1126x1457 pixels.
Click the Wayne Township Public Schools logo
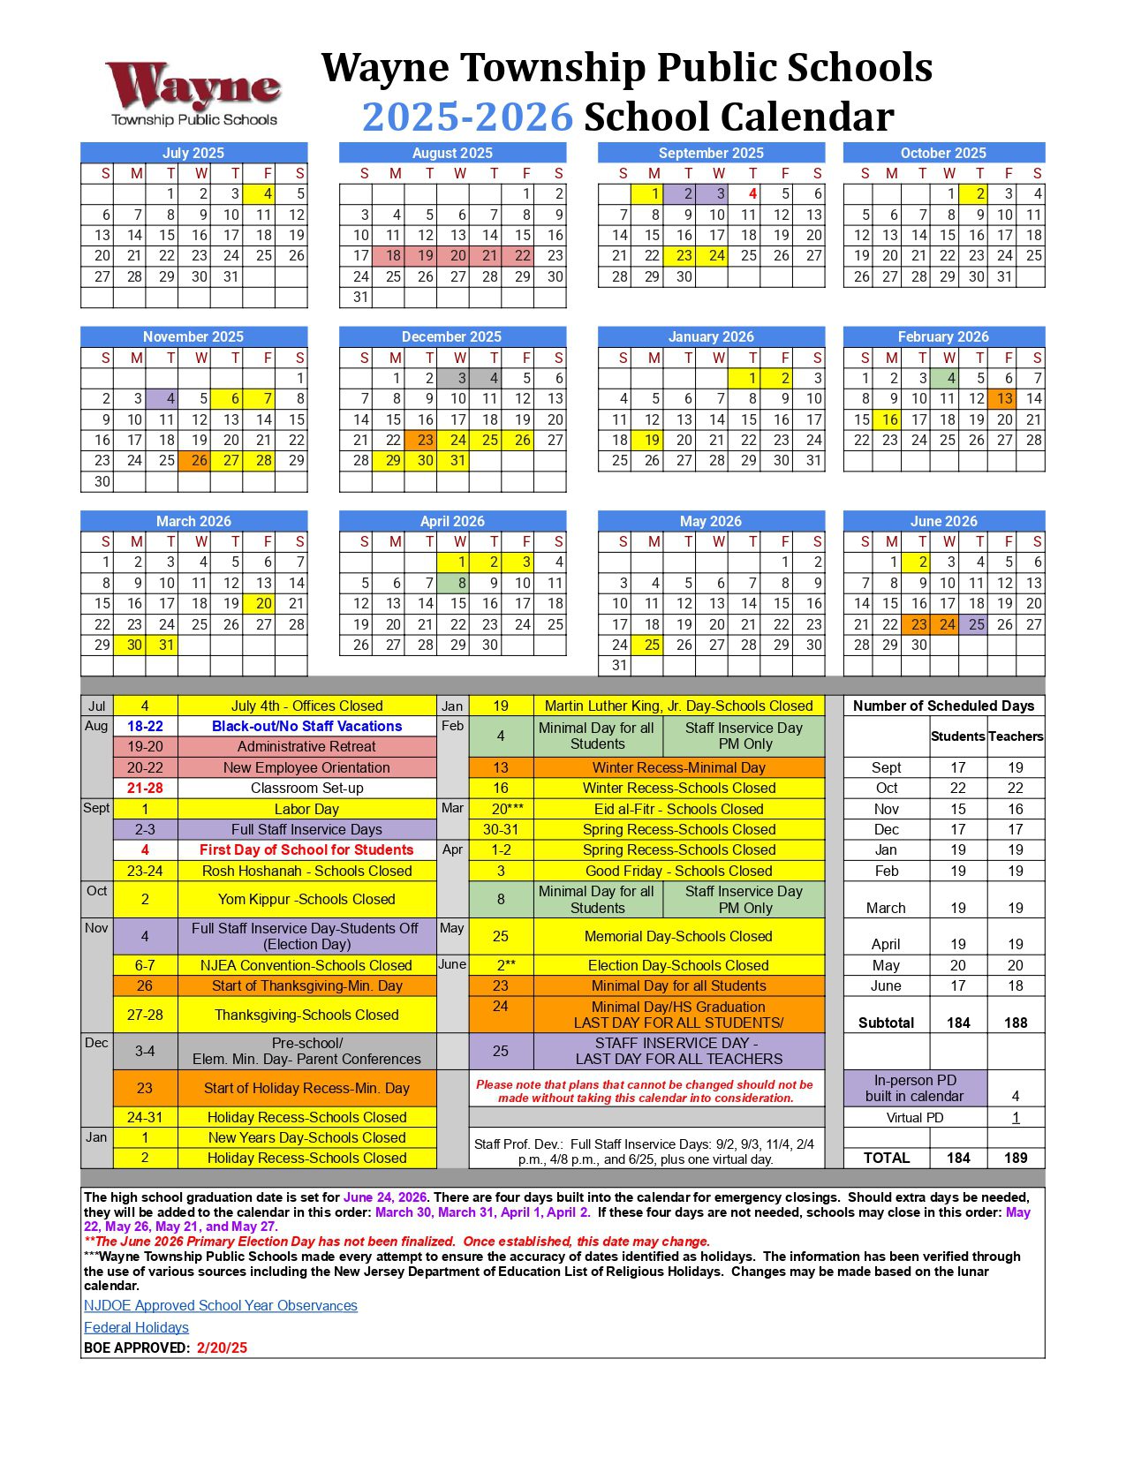193,93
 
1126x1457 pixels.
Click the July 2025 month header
193,153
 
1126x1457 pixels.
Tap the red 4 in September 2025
752,194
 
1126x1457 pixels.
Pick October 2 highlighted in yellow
979,194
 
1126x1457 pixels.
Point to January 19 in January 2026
652,440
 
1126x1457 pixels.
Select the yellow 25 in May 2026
652,645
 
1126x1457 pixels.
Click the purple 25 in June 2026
975,624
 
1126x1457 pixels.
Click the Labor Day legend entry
306,809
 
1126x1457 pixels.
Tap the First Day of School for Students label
306,849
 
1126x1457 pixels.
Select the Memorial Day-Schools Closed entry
678,936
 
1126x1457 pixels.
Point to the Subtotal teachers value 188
1016,1023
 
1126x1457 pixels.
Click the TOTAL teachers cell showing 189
1016,1158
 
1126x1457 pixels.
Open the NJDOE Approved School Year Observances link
221,1305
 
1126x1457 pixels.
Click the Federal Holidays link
136,1327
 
